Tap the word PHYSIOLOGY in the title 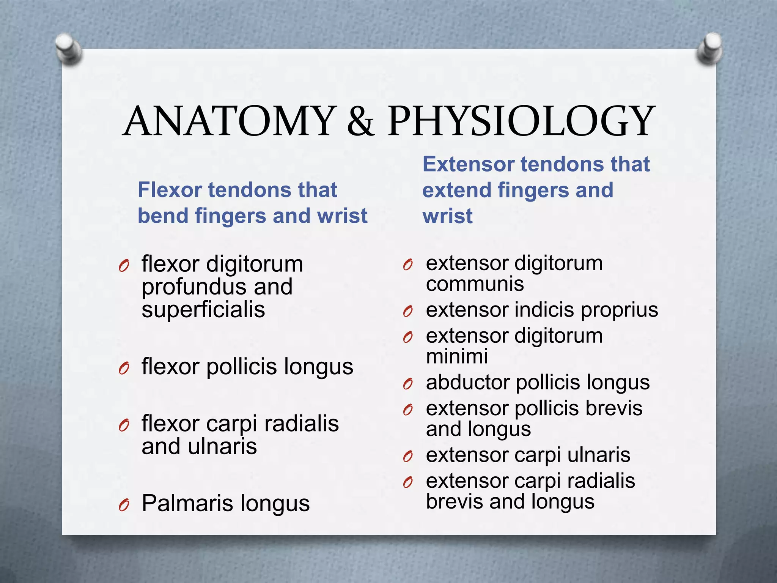[521, 121]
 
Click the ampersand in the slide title [360, 121]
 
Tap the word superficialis [203, 310]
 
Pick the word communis [475, 284]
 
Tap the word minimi [457, 356]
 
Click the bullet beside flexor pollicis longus [124, 368]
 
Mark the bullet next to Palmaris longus [124, 505]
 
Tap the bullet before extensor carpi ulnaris [408, 457]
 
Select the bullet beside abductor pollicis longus [408, 384]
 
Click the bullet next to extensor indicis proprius [408, 312]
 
